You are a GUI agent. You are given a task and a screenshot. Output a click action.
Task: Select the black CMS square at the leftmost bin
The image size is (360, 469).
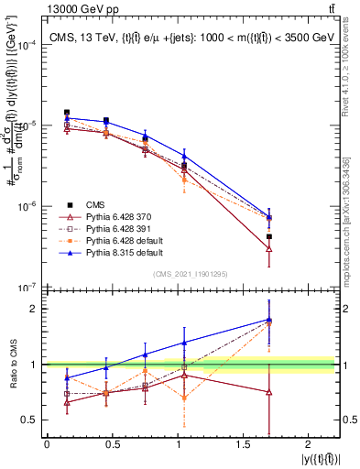point(67,113)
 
